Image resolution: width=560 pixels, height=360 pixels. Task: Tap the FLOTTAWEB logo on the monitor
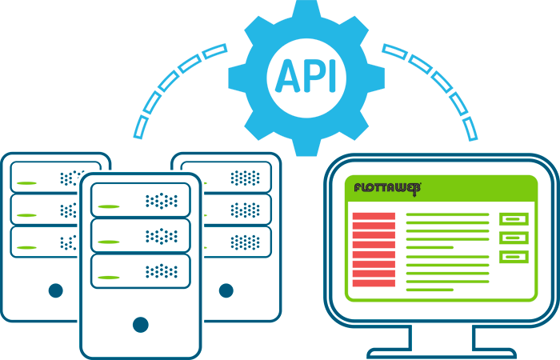pos(387,189)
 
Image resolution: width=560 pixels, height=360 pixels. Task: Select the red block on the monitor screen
pos(374,250)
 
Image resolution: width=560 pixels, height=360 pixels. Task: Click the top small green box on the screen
pos(514,218)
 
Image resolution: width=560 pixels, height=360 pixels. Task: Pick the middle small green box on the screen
pos(514,238)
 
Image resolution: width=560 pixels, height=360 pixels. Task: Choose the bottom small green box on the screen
pos(514,257)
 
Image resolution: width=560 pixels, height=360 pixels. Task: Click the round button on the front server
pos(140,324)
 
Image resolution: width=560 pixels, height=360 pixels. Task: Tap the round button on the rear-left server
pos(55,290)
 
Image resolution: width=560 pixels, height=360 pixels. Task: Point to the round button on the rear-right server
pos(225,290)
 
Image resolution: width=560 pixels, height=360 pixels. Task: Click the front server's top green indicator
pos(110,206)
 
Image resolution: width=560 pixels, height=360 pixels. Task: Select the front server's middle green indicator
pos(110,242)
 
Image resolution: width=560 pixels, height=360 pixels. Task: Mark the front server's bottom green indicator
pos(110,278)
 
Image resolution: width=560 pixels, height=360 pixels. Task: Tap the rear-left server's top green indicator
pos(27,183)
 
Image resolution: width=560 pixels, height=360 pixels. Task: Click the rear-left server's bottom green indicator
pos(27,247)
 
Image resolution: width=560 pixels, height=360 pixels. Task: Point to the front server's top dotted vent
pos(162,200)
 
